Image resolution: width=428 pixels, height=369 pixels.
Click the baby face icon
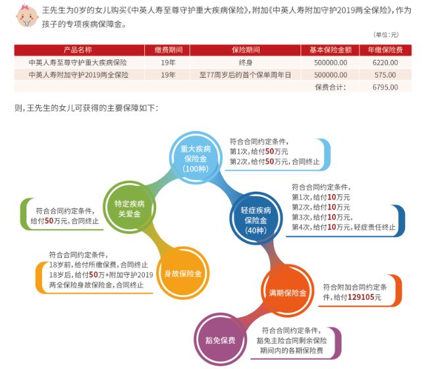pyautogui.click(x=27, y=16)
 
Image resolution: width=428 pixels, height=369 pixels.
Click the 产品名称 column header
pyautogui.click(x=78, y=49)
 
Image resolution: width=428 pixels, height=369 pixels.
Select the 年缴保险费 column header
pyautogui.click(x=385, y=49)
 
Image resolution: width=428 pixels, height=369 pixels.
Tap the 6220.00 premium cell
pyautogui.click(x=385, y=63)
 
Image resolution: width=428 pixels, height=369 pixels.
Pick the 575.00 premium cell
pyautogui.click(x=385, y=75)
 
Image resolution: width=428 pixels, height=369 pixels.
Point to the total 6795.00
pyautogui.click(x=385, y=87)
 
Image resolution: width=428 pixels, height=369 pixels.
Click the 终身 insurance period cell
pyautogui.click(x=246, y=63)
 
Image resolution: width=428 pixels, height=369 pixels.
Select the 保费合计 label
pyautogui.click(x=331, y=87)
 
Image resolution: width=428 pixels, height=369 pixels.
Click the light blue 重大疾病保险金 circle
pyautogui.click(x=196, y=159)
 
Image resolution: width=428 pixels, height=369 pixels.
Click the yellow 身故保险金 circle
pyautogui.click(x=183, y=273)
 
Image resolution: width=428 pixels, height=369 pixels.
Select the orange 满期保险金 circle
pyautogui.click(x=288, y=293)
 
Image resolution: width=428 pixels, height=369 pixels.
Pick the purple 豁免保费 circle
pyautogui.click(x=221, y=340)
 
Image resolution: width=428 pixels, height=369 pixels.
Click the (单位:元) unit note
pyautogui.click(x=386, y=35)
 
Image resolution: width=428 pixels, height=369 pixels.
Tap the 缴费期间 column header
pyautogui.click(x=169, y=49)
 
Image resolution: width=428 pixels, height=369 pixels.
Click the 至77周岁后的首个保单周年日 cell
pyautogui.click(x=246, y=75)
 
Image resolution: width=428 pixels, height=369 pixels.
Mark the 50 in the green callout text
pyautogui.click(x=49, y=221)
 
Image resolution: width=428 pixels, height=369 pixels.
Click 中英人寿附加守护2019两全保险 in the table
pyautogui.click(x=78, y=75)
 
